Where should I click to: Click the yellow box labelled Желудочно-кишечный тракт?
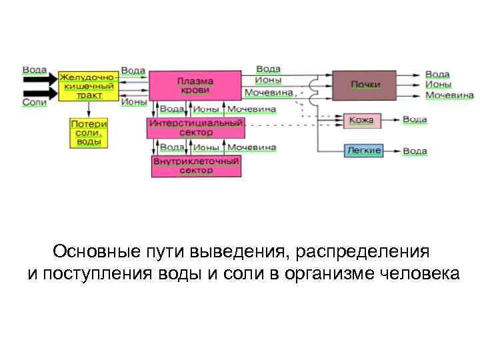point(88,86)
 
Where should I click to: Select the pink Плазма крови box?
point(195,86)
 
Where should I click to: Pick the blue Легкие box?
point(363,151)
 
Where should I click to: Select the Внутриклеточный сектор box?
point(196,166)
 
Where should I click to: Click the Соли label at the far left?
point(34,102)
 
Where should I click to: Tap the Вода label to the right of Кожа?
point(415,120)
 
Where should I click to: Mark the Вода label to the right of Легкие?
point(415,151)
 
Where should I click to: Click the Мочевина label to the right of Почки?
point(449,95)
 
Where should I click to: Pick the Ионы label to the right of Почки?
point(438,85)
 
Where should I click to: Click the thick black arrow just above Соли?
point(41,91)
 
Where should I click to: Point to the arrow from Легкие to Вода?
point(393,151)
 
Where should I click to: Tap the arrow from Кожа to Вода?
point(391,121)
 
